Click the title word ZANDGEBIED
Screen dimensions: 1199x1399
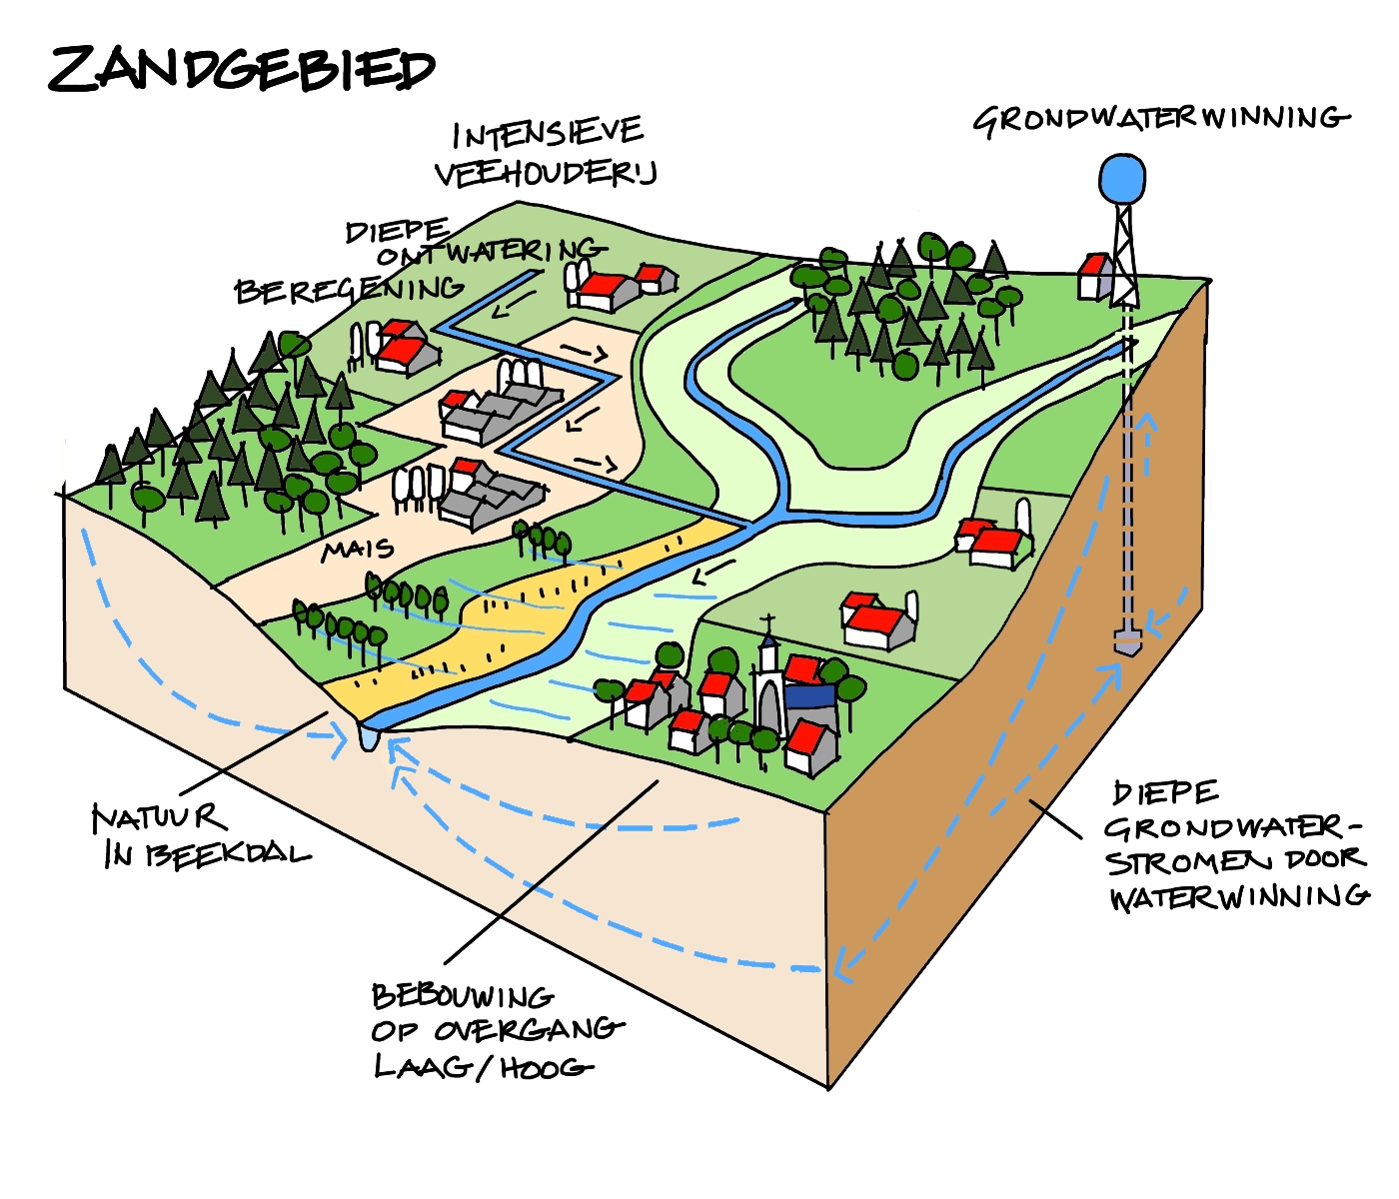pyautogui.click(x=242, y=69)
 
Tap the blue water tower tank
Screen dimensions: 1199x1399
pyautogui.click(x=1123, y=178)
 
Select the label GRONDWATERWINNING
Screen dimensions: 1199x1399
pyautogui.click(x=1161, y=119)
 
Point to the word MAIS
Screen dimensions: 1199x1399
pyautogui.click(x=357, y=550)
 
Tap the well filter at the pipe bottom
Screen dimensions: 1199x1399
pyautogui.click(x=1127, y=640)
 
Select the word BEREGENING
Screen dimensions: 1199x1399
pyautogui.click(x=349, y=291)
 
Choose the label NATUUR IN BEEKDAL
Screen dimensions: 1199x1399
pyautogui.click(x=200, y=836)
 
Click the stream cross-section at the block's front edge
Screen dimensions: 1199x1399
pyautogui.click(x=368, y=737)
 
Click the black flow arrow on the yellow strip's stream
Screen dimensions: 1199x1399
pyautogui.click(x=712, y=573)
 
